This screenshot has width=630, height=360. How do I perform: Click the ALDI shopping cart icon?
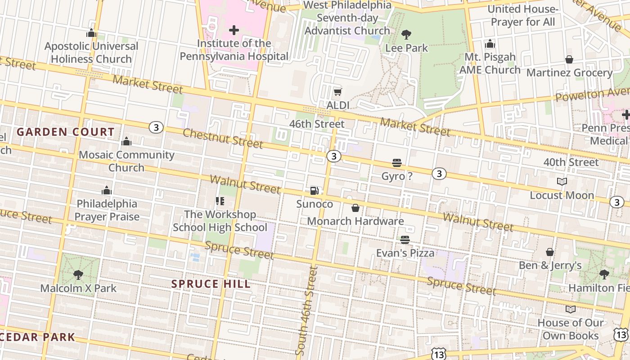coord(337,92)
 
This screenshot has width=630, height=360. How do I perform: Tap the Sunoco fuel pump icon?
coord(315,191)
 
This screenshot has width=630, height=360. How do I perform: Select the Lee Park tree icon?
coord(406,34)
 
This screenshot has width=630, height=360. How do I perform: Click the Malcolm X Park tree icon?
coord(78,274)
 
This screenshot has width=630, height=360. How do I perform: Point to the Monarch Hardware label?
coord(355,221)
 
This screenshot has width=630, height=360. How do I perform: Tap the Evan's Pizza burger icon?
coord(405,240)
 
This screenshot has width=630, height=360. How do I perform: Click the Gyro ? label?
coord(396,176)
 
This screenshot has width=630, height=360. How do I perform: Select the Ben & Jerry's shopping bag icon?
coord(550,252)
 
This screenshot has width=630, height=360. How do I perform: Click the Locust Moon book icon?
coord(562,181)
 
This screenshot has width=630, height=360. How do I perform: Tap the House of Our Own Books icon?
coord(570,309)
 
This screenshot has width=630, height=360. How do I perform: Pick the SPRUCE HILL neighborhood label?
coord(211,284)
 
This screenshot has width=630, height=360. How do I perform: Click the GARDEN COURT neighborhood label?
coord(66,132)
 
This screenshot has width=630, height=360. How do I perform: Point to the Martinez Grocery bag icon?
coord(569,59)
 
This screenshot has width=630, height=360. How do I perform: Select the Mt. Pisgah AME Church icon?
coord(490,44)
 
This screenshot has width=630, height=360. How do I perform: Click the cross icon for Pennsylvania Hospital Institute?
coord(234,30)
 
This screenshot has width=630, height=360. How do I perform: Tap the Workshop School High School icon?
coord(220,201)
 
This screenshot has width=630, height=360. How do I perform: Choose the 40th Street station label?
coord(571,162)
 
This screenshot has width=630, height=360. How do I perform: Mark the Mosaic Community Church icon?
coord(126,142)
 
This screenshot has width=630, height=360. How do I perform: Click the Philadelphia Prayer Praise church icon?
coord(107,190)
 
